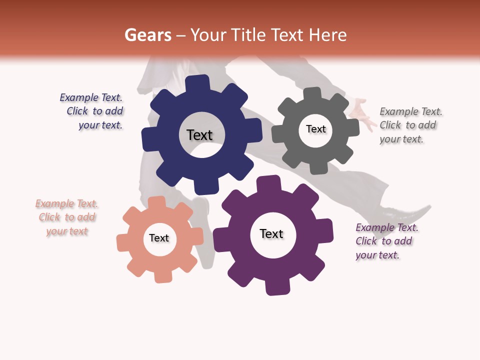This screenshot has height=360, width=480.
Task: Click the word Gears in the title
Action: (147, 35)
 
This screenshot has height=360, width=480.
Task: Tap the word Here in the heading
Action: (327, 35)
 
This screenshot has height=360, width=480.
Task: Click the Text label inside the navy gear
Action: (199, 135)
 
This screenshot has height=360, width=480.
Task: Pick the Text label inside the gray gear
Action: (315, 129)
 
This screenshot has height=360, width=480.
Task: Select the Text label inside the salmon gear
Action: (159, 238)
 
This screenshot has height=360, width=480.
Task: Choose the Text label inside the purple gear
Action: (271, 233)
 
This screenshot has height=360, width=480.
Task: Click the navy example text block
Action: (93, 111)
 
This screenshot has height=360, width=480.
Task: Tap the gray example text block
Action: (410, 125)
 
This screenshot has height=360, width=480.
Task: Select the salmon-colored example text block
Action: (67, 217)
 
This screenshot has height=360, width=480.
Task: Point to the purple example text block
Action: (386, 241)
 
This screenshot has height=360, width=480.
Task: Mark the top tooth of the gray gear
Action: (312, 93)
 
